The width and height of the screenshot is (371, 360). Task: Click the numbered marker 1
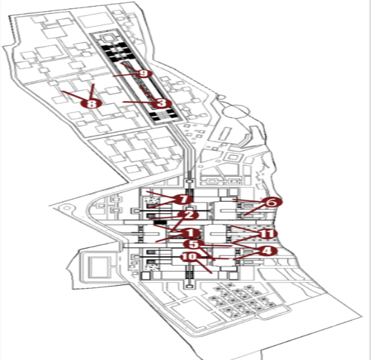point(190,233)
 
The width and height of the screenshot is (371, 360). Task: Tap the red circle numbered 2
point(188,215)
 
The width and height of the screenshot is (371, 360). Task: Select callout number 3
point(162,102)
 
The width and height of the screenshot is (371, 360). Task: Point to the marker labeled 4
point(267,251)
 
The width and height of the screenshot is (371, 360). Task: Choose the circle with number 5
point(194,244)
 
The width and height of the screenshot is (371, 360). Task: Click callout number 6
point(272,203)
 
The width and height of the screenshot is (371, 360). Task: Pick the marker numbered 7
point(183,199)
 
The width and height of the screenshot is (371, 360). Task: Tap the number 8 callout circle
point(92,103)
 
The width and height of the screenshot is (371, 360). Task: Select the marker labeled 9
point(143,73)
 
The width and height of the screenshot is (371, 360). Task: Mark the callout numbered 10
point(189,257)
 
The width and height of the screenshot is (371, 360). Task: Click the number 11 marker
point(267,234)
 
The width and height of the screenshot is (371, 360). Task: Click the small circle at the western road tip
point(66,208)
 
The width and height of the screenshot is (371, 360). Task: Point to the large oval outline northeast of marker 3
point(235,111)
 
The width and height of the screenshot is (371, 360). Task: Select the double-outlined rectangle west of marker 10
point(99,267)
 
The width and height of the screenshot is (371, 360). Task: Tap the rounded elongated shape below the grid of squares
point(272,312)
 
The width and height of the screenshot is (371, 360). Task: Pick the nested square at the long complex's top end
point(108,38)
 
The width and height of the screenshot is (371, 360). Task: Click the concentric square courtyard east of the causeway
point(232,157)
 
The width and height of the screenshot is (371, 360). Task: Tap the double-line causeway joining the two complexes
point(184,151)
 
